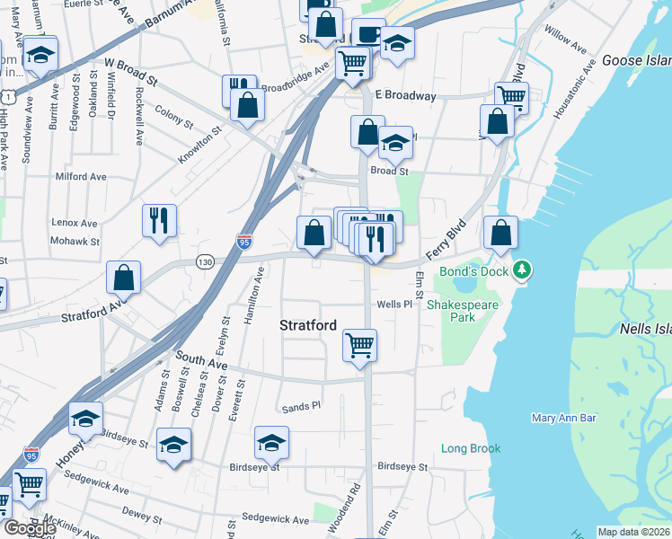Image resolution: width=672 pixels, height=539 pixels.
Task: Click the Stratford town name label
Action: (308, 324)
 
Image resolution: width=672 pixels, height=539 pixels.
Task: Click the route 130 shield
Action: (205, 261)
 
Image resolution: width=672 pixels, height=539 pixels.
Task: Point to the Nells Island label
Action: (645, 330)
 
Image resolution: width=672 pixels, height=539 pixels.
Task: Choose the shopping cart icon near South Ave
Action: (359, 345)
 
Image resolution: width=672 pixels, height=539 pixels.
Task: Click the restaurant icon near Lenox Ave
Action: (159, 220)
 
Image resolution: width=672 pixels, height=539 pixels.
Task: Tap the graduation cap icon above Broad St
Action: (394, 142)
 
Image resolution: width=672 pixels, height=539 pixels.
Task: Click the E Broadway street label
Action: (405, 95)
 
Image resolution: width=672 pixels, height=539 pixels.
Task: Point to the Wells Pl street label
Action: (393, 305)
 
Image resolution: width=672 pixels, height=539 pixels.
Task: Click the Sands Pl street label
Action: (301, 407)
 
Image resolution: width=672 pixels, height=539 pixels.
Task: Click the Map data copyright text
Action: (633, 532)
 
